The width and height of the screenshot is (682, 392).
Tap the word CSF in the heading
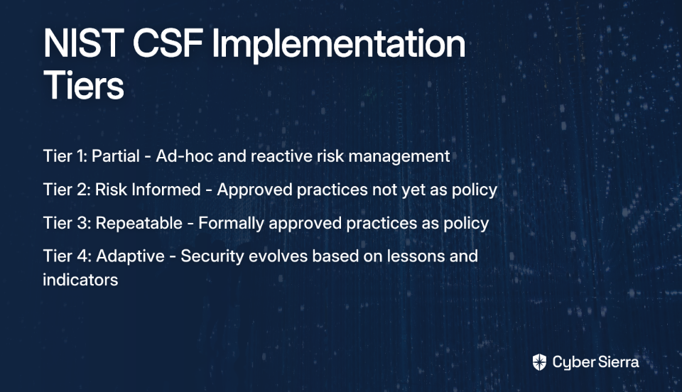168,43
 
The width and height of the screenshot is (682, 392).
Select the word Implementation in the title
339,45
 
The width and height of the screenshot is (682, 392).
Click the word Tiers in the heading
84,85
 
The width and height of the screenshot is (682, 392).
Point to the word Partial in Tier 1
116,156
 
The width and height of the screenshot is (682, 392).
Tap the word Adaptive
130,257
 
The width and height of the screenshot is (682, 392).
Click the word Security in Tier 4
212,257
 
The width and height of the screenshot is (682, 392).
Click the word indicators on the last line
80,280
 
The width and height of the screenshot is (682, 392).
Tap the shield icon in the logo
539,362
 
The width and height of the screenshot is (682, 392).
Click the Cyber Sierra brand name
596,362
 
